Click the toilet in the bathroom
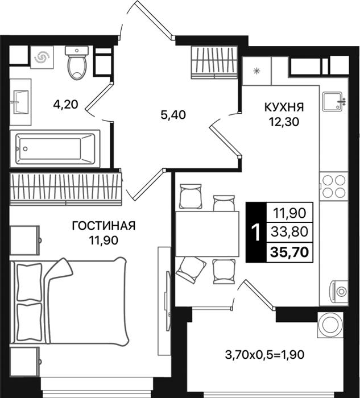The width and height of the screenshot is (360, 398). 77,62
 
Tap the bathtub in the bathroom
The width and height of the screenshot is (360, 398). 55,149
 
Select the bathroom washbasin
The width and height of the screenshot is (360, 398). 20,102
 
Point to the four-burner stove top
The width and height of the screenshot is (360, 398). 334,186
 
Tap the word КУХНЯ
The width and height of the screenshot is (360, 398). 284,107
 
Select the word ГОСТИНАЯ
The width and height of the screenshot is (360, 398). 104,226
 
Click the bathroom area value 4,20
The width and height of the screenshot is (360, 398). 65,104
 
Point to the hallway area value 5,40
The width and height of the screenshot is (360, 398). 173,115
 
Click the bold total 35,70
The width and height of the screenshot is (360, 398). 289,252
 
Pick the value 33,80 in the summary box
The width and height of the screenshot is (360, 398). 289,231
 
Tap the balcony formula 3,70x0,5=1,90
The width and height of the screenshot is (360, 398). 264,355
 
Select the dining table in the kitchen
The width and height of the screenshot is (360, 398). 208,234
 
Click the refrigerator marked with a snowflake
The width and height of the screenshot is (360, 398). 257,71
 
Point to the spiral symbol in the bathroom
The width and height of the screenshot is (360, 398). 42,57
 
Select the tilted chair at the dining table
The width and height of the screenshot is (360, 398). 191,270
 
